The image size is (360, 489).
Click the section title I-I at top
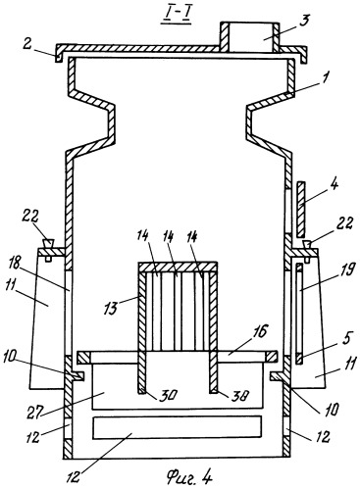[x=177, y=17]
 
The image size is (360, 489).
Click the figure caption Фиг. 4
[x=189, y=477]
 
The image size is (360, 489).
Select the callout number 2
[x=27, y=44]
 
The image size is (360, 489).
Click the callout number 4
[x=333, y=184]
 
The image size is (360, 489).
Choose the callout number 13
[x=111, y=308]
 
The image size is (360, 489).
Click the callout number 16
[x=259, y=331]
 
